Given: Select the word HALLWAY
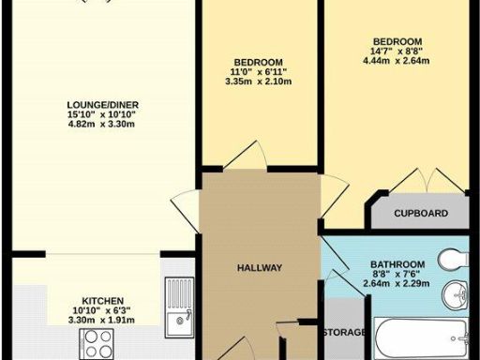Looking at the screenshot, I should tap(260, 269).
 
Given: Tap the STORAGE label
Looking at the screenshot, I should tap(344, 333).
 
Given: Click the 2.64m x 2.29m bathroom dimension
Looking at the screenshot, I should tap(397, 283).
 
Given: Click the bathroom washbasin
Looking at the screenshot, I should tap(456, 296).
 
